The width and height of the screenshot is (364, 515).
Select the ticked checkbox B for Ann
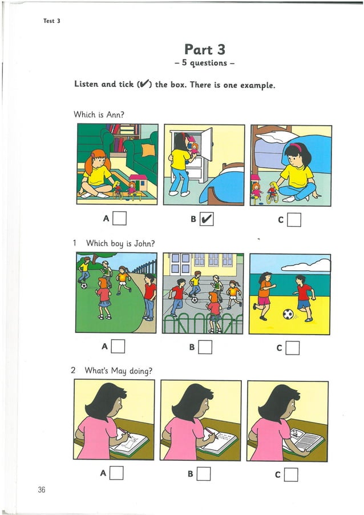point(207,218)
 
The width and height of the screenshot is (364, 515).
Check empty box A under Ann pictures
point(119,218)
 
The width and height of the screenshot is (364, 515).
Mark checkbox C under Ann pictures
point(294,219)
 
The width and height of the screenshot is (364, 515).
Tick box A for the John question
point(119,345)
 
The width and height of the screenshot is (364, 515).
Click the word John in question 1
point(146,243)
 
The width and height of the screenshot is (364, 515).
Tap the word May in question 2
point(118,371)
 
